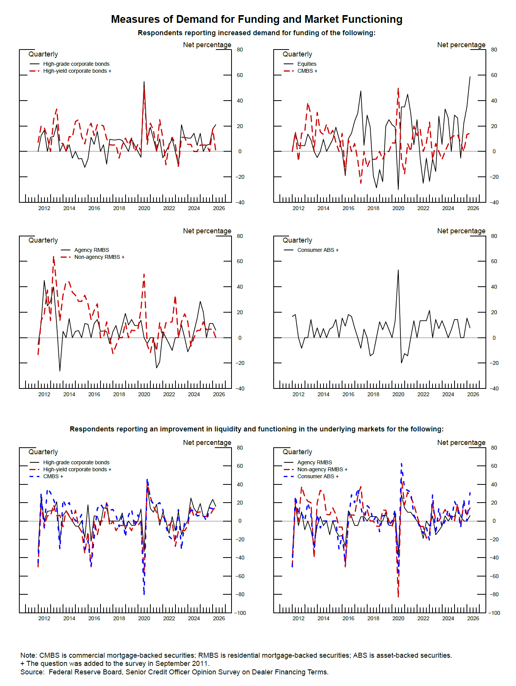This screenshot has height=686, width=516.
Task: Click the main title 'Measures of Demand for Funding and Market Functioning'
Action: [257, 19]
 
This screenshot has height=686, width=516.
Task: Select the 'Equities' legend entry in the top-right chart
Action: [307, 64]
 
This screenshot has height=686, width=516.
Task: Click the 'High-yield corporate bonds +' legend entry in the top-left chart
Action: [77, 71]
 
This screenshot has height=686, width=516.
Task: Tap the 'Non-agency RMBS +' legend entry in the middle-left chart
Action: [99, 257]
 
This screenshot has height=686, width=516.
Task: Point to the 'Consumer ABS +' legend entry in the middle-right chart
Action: [318, 250]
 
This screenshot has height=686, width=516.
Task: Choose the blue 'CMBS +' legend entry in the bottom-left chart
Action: [53, 476]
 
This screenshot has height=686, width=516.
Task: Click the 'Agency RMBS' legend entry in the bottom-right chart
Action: [314, 462]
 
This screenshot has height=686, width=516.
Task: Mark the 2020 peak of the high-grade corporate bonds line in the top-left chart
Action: [144, 82]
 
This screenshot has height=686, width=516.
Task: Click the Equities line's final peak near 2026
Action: [470, 77]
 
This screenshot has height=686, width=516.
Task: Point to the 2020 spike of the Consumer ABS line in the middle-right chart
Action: [398, 270]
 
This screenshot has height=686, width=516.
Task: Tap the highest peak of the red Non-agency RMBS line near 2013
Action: [53, 257]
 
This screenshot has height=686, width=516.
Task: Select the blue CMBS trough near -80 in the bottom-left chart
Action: [144, 594]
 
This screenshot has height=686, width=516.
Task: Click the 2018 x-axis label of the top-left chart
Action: [119, 208]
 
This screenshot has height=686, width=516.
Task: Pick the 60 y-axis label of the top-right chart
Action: [494, 75]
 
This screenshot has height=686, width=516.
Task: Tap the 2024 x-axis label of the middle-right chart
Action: [448, 394]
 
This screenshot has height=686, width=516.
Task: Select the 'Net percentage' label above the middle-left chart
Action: [207, 231]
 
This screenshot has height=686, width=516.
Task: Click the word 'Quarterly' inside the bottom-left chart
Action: [43, 452]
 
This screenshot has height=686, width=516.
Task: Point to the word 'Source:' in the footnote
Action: [32, 672]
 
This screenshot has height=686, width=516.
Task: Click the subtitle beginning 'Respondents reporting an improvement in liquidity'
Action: [257, 429]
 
